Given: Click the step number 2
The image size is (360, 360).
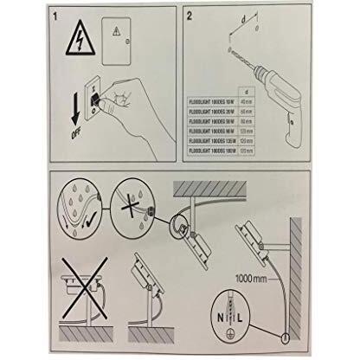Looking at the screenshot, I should [190, 16].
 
